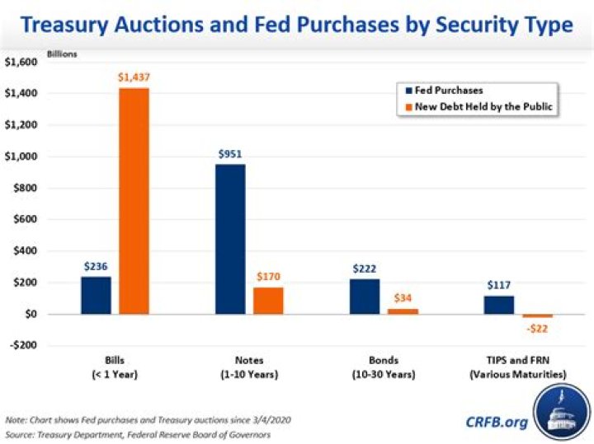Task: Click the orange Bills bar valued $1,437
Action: (x=134, y=201)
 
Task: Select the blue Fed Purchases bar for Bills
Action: (x=97, y=296)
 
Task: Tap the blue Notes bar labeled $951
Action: (x=230, y=239)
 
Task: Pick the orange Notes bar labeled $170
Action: (x=268, y=301)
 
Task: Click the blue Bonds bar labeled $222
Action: (x=365, y=297)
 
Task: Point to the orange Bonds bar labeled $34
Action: (x=403, y=311)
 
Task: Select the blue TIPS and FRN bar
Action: (x=499, y=305)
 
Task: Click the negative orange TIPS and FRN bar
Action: (x=538, y=315)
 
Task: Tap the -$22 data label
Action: (x=537, y=329)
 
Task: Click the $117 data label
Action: (x=499, y=285)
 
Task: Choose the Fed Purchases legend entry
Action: (x=444, y=91)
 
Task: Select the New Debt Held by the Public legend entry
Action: (x=478, y=106)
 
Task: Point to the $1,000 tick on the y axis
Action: (x=21, y=157)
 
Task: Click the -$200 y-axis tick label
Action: (x=23, y=345)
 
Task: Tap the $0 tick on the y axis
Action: (x=31, y=314)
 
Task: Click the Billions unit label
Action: (x=62, y=54)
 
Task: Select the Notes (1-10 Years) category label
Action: (x=249, y=367)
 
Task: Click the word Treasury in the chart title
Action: (x=64, y=25)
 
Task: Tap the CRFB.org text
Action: (x=497, y=422)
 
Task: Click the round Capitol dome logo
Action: (x=562, y=413)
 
